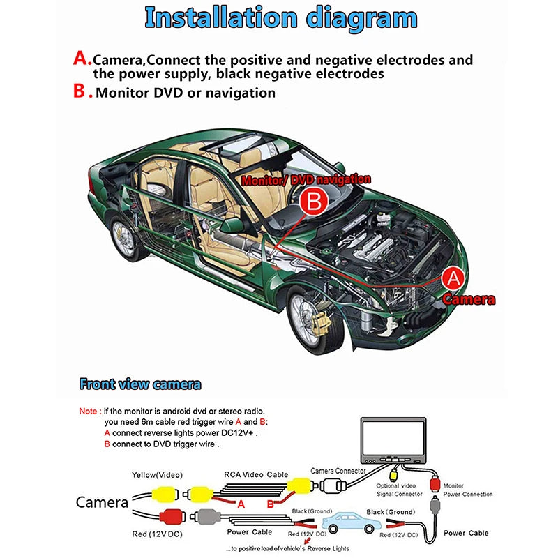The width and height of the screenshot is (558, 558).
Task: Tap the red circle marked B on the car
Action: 314,203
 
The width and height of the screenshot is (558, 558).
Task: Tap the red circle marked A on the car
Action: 453,278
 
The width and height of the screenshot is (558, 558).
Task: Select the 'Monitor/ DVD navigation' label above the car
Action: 306,180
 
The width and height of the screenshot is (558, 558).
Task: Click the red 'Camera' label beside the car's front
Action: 469,300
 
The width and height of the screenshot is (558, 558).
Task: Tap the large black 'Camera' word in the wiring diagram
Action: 102,502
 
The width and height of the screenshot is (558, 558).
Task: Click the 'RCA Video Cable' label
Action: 256,475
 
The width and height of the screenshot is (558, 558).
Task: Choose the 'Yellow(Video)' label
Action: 157,475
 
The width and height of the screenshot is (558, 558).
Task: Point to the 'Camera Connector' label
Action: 338,471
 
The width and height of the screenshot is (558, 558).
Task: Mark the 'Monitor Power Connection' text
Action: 467,490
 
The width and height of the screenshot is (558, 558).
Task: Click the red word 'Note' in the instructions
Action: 88,412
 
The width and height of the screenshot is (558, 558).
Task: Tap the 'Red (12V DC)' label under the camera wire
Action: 156,534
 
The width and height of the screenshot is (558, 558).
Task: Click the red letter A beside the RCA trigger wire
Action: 241,504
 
